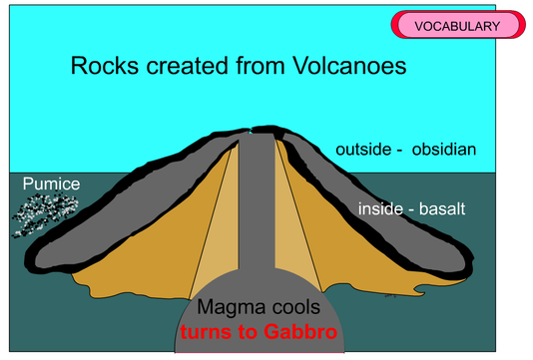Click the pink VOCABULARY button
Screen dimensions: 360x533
(457, 26)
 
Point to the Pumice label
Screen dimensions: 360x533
(51, 184)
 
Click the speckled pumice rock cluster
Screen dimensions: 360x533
(45, 214)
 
